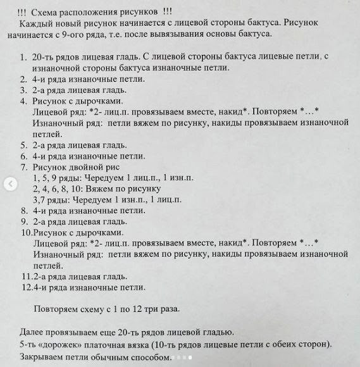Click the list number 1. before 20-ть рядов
23,58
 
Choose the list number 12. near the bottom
26,287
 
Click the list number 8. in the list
23,210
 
